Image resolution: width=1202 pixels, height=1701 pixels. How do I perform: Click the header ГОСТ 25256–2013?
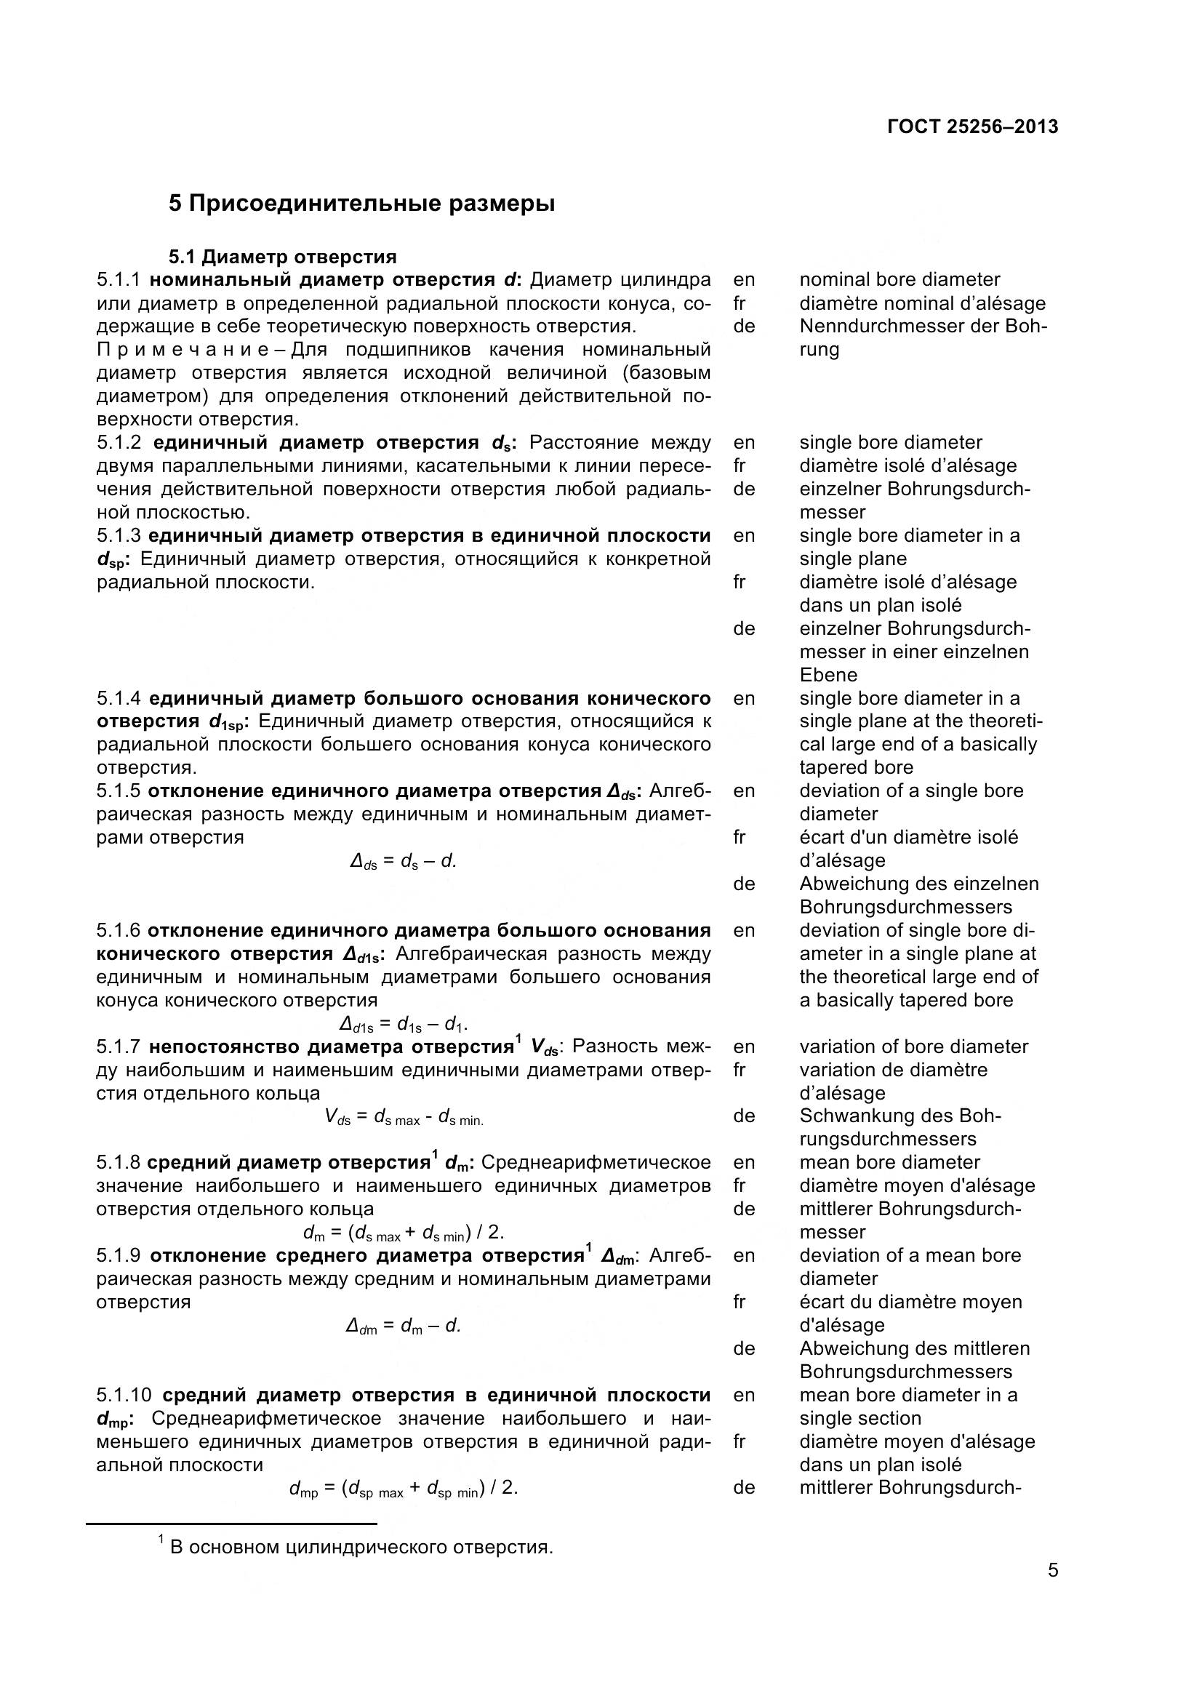click(x=971, y=127)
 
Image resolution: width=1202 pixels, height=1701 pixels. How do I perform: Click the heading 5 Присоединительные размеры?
click(x=361, y=203)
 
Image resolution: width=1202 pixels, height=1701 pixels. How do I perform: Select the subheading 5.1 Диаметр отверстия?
click(x=282, y=257)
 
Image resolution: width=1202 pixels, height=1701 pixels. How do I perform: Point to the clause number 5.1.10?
click(x=124, y=1395)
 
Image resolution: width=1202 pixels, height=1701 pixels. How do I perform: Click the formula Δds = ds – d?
click(x=403, y=861)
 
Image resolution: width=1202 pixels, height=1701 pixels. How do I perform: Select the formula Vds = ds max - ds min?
click(x=404, y=1117)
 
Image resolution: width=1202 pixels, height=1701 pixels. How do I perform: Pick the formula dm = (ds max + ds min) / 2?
click(x=404, y=1232)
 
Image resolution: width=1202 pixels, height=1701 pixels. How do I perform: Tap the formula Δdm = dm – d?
click(x=403, y=1326)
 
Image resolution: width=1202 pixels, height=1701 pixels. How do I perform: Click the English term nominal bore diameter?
click(x=899, y=280)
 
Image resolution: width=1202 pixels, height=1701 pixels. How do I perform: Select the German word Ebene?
click(x=828, y=675)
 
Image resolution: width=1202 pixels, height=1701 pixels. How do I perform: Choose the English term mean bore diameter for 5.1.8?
click(x=889, y=1162)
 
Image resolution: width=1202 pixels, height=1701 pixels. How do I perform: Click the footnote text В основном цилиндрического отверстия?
click(x=361, y=1547)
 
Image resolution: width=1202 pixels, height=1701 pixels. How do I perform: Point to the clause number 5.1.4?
click(x=119, y=698)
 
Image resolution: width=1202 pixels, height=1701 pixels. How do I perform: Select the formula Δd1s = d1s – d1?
click(x=403, y=1024)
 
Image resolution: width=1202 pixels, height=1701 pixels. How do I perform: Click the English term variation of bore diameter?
click(x=913, y=1046)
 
